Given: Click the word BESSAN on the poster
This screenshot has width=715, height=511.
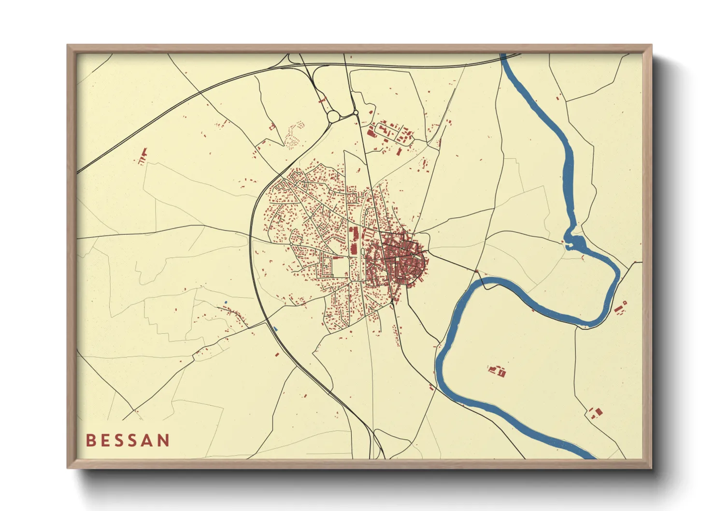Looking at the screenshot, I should tap(128, 440).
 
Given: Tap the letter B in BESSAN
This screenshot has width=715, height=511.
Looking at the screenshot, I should tap(90, 440).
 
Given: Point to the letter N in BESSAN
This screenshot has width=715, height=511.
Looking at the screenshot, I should tap(163, 440).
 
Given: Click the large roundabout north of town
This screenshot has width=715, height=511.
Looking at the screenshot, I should tap(334, 116).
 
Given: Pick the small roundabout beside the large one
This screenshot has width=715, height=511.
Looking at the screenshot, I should tap(356, 113).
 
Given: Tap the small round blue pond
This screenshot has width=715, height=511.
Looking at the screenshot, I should tap(226, 302).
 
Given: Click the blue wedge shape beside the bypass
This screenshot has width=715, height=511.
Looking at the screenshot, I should tap(275, 329).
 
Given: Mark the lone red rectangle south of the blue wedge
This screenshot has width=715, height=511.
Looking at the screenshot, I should tap(277, 355).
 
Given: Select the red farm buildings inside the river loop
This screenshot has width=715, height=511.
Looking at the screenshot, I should tap(497, 370).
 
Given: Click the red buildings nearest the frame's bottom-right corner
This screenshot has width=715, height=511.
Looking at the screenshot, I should tap(596, 412).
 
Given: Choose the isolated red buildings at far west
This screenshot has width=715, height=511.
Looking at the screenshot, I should tap(143, 157).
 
